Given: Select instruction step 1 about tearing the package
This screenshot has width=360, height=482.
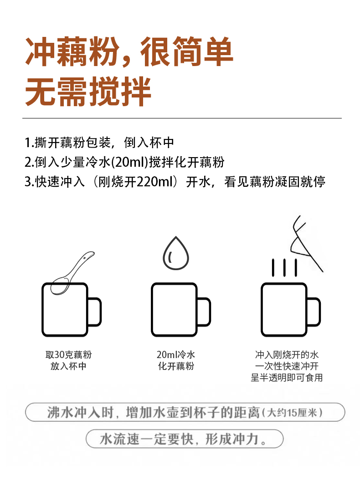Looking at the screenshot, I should pos(99,142).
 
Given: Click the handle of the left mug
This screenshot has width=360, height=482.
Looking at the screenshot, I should pos(95,312).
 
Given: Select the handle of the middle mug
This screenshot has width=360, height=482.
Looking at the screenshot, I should pos(204,312).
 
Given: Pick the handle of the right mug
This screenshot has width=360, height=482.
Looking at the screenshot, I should pos(314,312).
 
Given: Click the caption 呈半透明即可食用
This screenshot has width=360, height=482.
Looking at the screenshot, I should pos(287,378).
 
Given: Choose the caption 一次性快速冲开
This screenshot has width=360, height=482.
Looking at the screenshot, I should pos(287,366).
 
